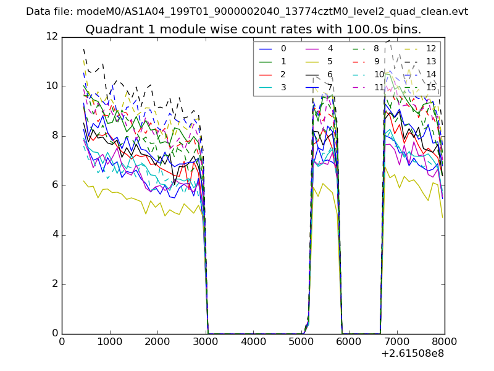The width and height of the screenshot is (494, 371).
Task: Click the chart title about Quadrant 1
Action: tap(253, 29)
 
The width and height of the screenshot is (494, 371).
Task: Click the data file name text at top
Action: tap(247, 11)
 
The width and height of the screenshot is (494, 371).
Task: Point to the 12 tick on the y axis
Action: tap(53, 37)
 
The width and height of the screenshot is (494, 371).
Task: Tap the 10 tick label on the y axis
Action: tap(53, 87)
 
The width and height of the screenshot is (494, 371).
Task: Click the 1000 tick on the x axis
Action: tap(109, 341)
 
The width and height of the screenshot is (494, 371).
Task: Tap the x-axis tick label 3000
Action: tap(205, 341)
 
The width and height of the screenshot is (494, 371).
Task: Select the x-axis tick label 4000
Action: tap(253, 341)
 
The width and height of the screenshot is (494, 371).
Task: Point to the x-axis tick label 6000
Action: tap(349, 341)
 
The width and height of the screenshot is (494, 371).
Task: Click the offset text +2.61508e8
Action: tap(412, 354)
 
